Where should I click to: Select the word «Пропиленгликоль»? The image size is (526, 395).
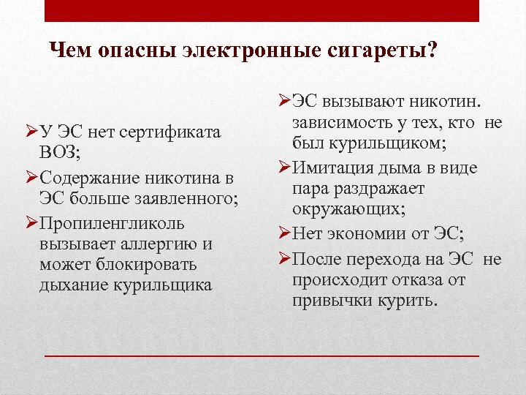[113, 222]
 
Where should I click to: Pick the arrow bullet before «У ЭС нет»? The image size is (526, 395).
[31, 132]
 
